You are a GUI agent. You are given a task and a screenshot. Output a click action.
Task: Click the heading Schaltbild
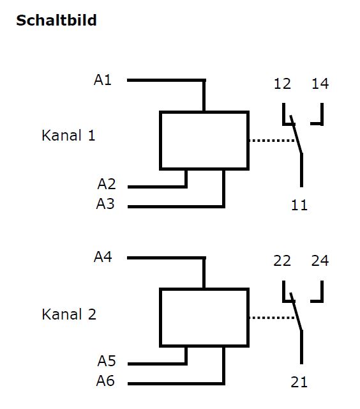(56, 20)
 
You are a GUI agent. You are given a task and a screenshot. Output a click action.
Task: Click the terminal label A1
(103, 80)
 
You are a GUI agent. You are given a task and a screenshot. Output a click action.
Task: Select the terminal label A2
(107, 184)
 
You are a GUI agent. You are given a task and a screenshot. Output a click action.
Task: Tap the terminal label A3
(105, 204)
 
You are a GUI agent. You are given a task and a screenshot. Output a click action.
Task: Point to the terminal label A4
(103, 257)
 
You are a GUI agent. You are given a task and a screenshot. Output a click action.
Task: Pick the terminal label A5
(107, 361)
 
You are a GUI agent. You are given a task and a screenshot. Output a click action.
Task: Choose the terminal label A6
(105, 381)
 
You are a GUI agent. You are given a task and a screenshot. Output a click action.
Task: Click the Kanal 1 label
(68, 135)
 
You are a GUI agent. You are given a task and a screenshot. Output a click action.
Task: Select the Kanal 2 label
(69, 314)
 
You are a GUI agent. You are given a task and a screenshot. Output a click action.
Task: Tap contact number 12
(282, 84)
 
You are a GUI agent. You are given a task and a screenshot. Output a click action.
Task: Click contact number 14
(320, 84)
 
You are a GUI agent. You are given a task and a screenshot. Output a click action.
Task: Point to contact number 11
(299, 205)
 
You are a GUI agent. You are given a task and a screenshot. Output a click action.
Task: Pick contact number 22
(282, 261)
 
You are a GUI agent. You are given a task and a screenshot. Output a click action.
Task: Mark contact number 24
(320, 261)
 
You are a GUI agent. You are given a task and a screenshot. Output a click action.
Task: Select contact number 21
(299, 382)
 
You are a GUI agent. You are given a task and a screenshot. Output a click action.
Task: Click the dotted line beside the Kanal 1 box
(272, 141)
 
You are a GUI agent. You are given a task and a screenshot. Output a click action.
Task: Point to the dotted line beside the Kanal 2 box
(272, 318)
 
